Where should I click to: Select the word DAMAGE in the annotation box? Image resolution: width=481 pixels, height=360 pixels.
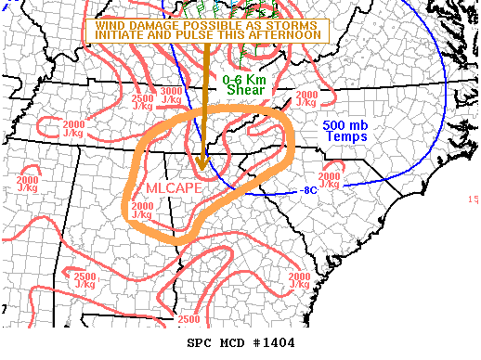tap(153, 24)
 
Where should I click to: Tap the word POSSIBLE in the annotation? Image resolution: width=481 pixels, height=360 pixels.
tap(212, 24)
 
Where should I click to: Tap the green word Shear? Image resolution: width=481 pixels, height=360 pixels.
tap(246, 90)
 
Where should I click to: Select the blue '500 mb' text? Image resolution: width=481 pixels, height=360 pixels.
tap(345, 125)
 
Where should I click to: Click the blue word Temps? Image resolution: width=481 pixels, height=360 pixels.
tap(346, 136)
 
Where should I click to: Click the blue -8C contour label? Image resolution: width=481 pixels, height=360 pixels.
tap(310, 191)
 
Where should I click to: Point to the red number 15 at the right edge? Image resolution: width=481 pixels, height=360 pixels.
tap(474, 199)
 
